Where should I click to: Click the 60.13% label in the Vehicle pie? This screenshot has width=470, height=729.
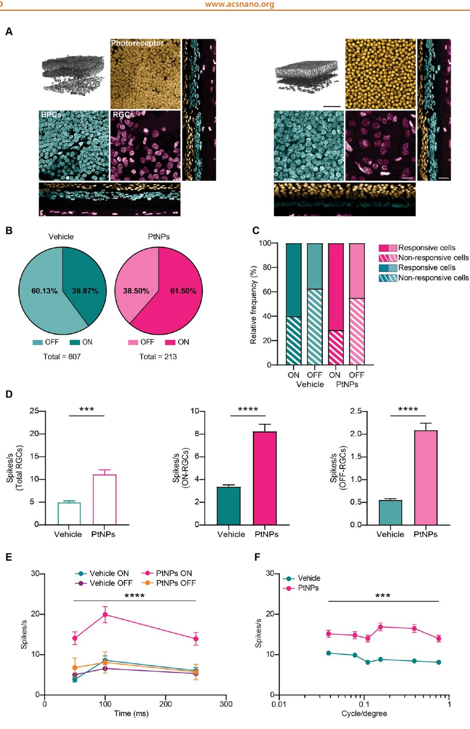44,291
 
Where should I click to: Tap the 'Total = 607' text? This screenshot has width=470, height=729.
62,356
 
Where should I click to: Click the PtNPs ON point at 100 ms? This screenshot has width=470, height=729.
105,614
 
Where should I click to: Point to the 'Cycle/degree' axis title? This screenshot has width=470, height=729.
364,713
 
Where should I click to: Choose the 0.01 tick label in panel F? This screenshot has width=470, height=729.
279,704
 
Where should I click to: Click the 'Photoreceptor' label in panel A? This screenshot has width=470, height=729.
137,43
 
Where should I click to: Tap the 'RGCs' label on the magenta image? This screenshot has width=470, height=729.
123,115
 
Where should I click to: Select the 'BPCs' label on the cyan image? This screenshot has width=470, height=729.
51,115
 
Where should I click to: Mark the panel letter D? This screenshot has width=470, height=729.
9,395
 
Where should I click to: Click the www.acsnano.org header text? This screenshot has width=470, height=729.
239,5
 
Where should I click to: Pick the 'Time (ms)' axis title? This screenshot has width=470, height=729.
131,713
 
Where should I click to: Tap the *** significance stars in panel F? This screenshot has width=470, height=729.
383,596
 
